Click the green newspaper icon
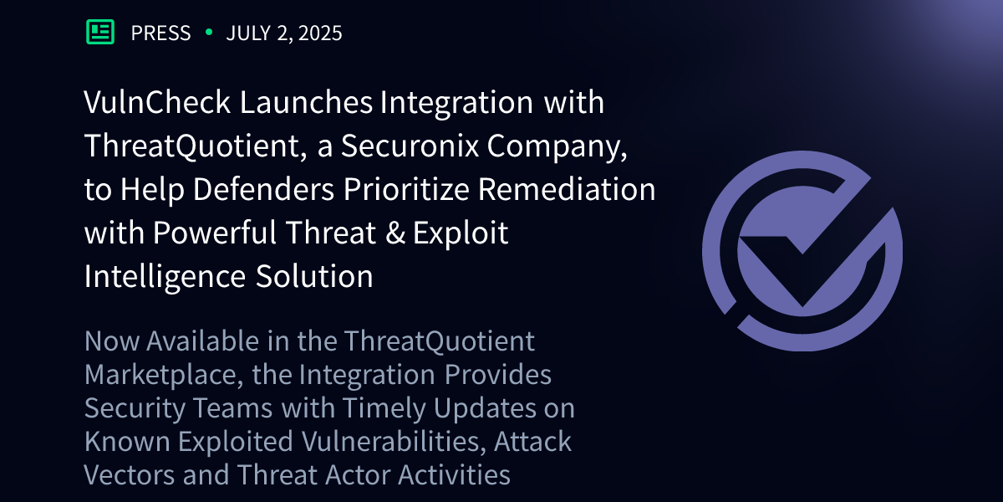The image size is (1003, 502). click(100, 33)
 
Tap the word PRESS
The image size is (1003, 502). click(160, 33)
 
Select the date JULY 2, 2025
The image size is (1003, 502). click(284, 33)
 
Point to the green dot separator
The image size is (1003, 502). click(208, 33)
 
